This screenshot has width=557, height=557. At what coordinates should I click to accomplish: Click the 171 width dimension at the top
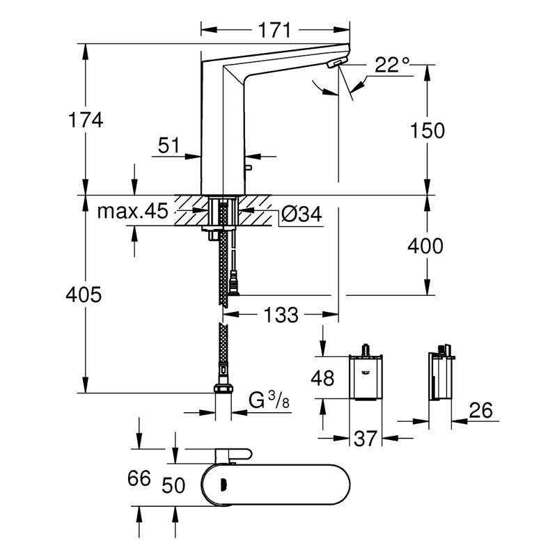click(275, 30)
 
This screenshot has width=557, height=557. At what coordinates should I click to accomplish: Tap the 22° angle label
click(391, 66)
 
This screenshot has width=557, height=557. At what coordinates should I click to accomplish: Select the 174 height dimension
click(87, 120)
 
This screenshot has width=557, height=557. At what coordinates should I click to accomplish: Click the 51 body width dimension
click(169, 146)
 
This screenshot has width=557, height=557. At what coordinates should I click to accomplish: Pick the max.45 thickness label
click(132, 212)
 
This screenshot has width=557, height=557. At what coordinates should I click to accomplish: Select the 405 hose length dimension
click(87, 295)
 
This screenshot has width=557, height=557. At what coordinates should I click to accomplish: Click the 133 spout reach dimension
click(281, 315)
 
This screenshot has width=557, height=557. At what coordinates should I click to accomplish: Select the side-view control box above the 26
click(440, 375)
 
